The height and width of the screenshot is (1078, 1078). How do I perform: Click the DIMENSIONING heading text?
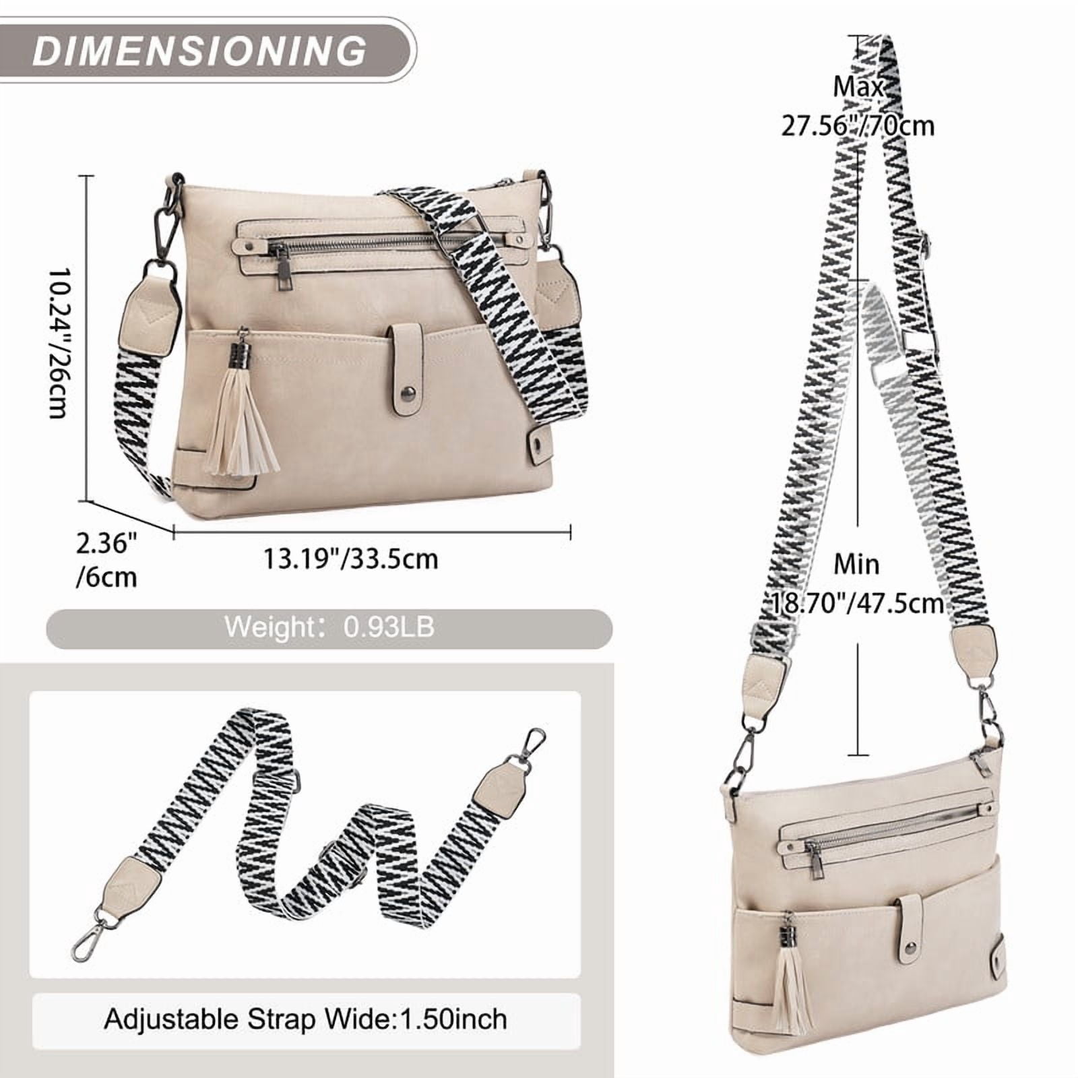coord(199,50)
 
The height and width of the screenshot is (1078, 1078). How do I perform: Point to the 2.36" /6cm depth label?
coord(106,560)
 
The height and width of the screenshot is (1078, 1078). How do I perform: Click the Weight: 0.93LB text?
coord(329,627)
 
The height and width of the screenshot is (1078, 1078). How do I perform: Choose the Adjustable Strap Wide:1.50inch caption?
coord(305,1018)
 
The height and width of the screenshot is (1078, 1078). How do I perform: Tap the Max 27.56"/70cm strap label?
coord(858,106)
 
